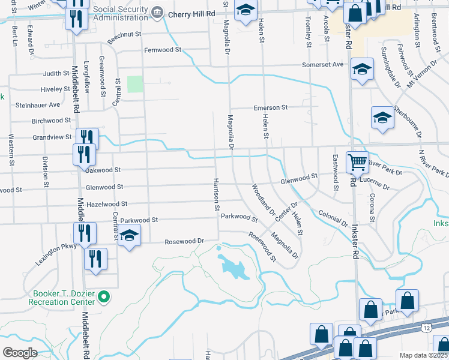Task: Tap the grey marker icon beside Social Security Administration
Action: pos(157,12)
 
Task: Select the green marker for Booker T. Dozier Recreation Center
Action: pos(103,296)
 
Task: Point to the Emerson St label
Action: pos(271,107)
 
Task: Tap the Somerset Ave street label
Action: pos(322,64)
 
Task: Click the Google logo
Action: pos(20,352)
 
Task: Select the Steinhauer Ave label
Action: pos(38,104)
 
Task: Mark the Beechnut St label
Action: pos(124,38)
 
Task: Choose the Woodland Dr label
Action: pos(263,199)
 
